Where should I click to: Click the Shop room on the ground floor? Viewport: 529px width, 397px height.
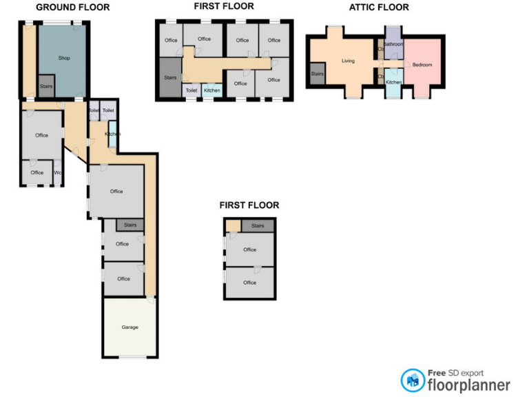pyautogui.click(x=63, y=59)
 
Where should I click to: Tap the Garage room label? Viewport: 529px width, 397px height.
pyautogui.click(x=130, y=327)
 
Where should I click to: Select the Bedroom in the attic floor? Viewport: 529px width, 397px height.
pyautogui.click(x=422, y=65)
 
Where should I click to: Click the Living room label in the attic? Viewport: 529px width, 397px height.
pyautogui.click(x=348, y=61)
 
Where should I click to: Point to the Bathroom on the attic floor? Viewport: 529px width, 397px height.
pyautogui.click(x=393, y=44)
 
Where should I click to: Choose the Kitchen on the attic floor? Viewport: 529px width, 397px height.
pyautogui.click(x=393, y=82)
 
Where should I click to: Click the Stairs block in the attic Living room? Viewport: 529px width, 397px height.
pyautogui.click(x=318, y=74)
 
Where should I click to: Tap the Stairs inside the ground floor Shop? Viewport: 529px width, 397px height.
pyautogui.click(x=46, y=86)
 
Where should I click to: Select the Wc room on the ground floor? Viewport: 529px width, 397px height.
pyautogui.click(x=58, y=172)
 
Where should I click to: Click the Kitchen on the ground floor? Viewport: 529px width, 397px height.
pyautogui.click(x=112, y=134)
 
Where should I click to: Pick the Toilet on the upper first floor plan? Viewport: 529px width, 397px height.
pyautogui.click(x=191, y=90)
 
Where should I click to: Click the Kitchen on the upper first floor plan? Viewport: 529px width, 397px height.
pyautogui.click(x=212, y=90)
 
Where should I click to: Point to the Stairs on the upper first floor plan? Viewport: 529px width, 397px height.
pyautogui.click(x=170, y=78)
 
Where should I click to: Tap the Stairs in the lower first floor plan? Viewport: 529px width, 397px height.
pyautogui.click(x=258, y=225)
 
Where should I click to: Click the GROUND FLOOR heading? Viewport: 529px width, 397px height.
pyautogui.click(x=72, y=8)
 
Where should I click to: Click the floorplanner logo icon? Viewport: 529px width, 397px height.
pyautogui.click(x=413, y=380)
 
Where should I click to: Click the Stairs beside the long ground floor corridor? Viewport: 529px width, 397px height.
pyautogui.click(x=130, y=225)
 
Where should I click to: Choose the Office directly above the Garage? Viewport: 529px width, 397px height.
pyautogui.click(x=123, y=278)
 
